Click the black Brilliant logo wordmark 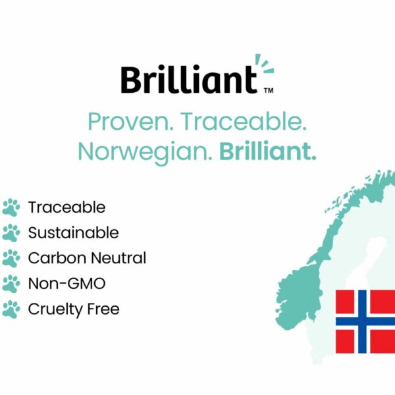pyautogui.click(x=189, y=80)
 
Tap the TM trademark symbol pyautogui.click(x=269, y=90)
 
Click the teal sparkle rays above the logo pyautogui.click(x=264, y=64)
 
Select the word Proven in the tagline pyautogui.click(x=131, y=122)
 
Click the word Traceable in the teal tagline pyautogui.click(x=244, y=121)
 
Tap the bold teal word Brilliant pyautogui.click(x=268, y=151)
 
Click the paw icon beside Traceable pyautogui.click(x=11, y=207)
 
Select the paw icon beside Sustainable pyautogui.click(x=11, y=233)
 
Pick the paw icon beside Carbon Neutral pyautogui.click(x=11, y=258)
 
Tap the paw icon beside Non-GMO pyautogui.click(x=11, y=284)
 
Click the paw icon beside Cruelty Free pyautogui.click(x=11, y=309)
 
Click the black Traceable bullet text pyautogui.click(x=66, y=207)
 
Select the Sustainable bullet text pyautogui.click(x=73, y=232)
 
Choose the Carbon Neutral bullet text pyautogui.click(x=87, y=258)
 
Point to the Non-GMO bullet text pyautogui.click(x=66, y=283)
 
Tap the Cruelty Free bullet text pyautogui.click(x=74, y=309)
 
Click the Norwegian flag pyautogui.click(x=365, y=321)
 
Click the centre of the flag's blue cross pyautogui.click(x=362, y=321)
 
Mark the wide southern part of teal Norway pyautogui.click(x=298, y=295)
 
